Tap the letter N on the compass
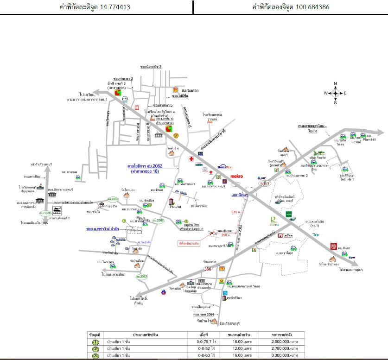[336, 84]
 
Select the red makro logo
[237, 176]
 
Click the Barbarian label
[190, 90]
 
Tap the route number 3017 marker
[264, 184]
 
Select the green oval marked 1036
[45, 213]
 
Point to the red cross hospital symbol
[191, 158]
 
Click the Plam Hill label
[369, 139]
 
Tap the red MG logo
[333, 246]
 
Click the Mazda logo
[124, 99]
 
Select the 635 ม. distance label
[236, 212]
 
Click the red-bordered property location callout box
[189, 243]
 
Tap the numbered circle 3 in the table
[95, 355]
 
